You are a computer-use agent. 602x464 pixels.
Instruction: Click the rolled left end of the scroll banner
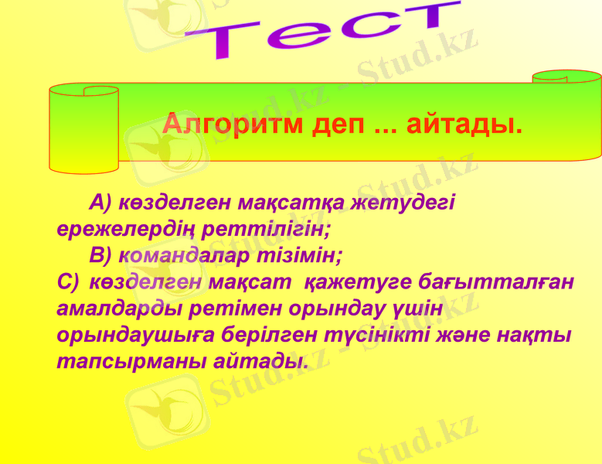point(83,128)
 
